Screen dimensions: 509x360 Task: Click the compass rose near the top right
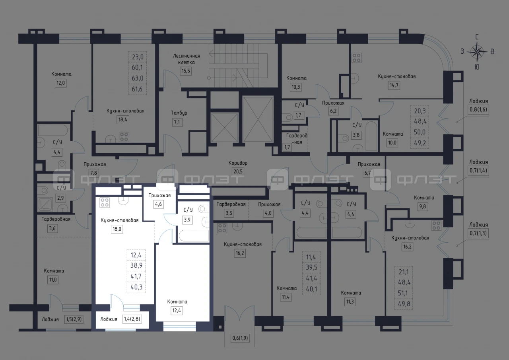(x=477, y=52)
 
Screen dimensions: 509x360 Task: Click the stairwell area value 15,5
(x=186, y=71)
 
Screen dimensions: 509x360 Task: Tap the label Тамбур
(x=179, y=113)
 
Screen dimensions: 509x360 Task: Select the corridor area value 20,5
(x=238, y=171)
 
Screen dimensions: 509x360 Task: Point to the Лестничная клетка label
(x=187, y=59)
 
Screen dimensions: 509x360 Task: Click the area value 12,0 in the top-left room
(x=61, y=83)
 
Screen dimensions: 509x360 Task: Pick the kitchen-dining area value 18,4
(x=123, y=120)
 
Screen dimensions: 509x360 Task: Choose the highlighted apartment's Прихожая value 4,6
(x=158, y=204)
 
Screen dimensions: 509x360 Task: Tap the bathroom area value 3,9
(x=187, y=220)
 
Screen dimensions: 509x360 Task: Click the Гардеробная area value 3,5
(x=229, y=213)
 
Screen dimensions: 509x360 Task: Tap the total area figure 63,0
(x=138, y=78)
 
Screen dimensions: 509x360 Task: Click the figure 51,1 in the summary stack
(x=403, y=293)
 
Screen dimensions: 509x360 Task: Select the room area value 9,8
(x=422, y=207)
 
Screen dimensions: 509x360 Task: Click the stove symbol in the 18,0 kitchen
(x=105, y=202)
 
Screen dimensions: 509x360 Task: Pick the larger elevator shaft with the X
(x=258, y=119)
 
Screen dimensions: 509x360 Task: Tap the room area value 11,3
(x=350, y=302)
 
